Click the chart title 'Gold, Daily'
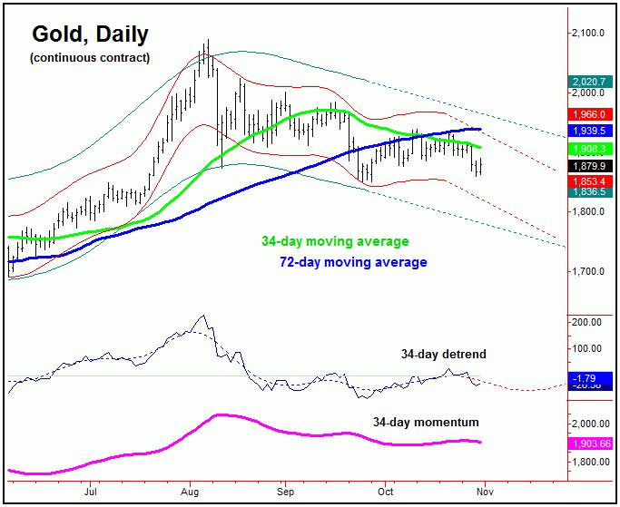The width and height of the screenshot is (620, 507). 91,34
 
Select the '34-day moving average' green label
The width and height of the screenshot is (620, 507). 335,242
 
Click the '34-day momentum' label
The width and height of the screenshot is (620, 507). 426,422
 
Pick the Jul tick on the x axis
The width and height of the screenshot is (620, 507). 91,492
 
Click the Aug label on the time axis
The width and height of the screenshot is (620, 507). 189,492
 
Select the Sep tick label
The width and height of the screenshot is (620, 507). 284,492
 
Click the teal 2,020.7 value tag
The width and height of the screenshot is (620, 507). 588,82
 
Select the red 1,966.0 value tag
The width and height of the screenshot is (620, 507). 588,114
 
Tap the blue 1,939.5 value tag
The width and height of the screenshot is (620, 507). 588,131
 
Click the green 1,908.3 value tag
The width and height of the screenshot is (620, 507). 588,148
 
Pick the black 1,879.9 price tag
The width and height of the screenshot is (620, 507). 588,166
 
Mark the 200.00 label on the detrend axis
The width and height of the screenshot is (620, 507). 589,322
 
